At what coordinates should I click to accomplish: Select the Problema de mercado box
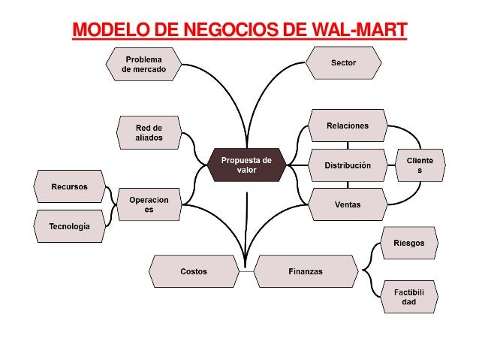point(143,64)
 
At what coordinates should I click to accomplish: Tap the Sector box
point(344,63)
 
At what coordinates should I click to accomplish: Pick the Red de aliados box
point(149,133)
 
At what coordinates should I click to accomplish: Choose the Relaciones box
point(348,126)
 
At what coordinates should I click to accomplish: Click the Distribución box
point(348,165)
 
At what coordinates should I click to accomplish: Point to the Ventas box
point(348,204)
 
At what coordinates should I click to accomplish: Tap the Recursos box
point(70,186)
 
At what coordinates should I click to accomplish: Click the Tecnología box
point(70,225)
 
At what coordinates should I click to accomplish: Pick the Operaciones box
point(149,204)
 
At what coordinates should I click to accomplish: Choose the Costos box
point(193,271)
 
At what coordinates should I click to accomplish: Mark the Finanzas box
point(306,271)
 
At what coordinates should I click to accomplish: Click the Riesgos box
point(408,244)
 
